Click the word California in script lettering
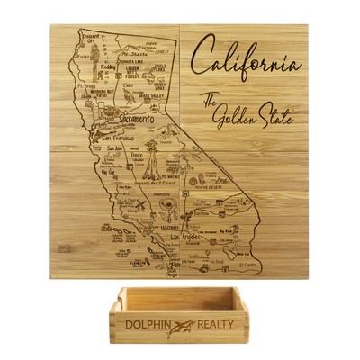coord(252,66)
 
